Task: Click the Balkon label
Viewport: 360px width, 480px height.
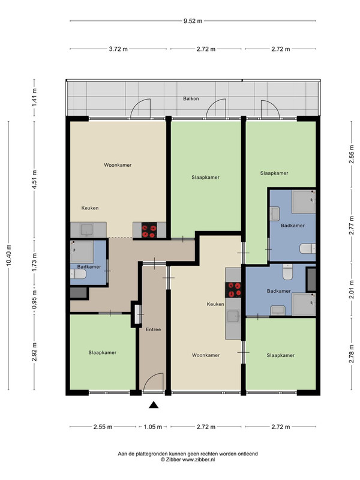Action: tap(191, 98)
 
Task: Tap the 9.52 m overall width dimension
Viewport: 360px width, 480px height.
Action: tap(193, 21)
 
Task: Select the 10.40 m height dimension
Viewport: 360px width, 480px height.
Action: tap(8, 256)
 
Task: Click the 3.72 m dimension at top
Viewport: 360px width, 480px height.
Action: tap(118, 49)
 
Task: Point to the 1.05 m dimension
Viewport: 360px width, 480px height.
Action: tap(153, 427)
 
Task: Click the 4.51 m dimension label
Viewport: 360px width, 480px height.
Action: tap(34, 179)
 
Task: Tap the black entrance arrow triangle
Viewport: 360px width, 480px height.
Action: tap(154, 405)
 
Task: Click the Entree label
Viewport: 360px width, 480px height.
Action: tap(153, 329)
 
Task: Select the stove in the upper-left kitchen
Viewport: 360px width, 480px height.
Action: tap(149, 230)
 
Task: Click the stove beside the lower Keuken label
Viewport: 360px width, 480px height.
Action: tap(233, 290)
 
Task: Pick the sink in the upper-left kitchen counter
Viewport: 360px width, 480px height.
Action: tap(87, 230)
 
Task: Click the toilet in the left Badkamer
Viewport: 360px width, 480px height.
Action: tap(79, 274)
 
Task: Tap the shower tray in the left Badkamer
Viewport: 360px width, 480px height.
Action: tap(82, 252)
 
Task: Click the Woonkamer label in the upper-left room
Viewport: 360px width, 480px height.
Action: tap(118, 165)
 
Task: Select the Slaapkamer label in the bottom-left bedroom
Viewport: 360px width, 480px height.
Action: tap(102, 353)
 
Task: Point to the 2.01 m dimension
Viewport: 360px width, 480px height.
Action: tap(352, 289)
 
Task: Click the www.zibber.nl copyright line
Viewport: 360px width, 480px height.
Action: tap(188, 460)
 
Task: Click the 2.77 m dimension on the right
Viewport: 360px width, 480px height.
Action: tap(352, 226)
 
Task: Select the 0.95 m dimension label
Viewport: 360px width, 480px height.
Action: tap(34, 298)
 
